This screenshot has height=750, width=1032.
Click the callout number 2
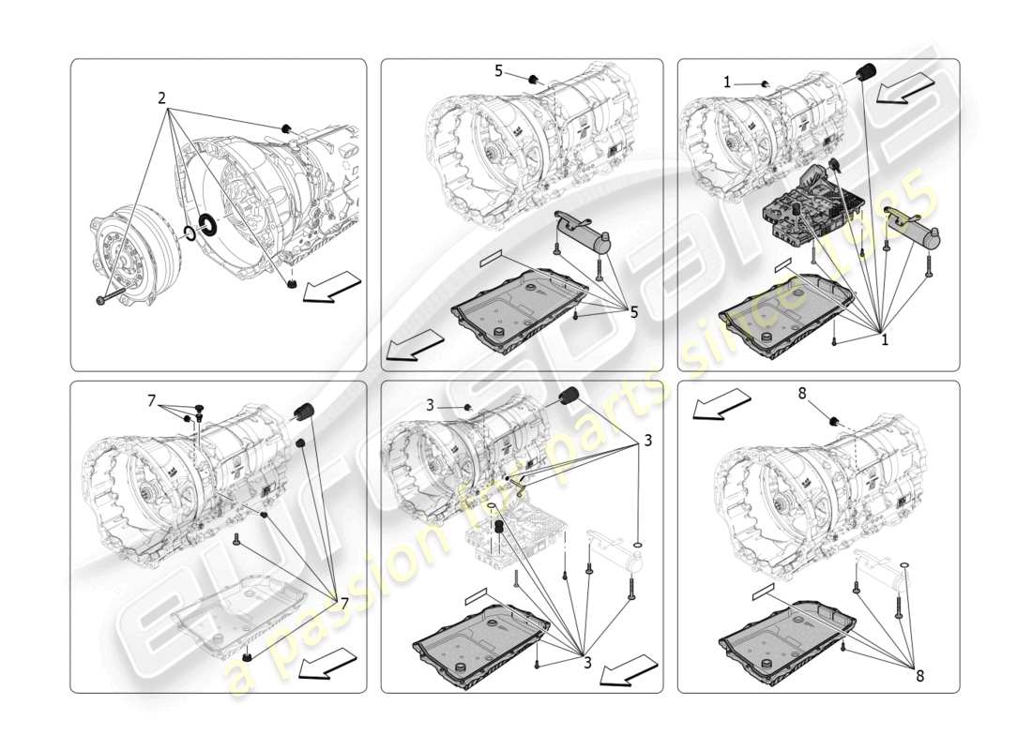(161, 97)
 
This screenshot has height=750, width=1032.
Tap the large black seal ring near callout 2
(208, 227)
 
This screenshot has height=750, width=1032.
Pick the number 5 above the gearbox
(499, 69)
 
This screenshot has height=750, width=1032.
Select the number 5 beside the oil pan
(634, 312)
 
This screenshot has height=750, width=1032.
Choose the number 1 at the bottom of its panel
(884, 340)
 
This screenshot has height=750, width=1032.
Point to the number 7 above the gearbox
(151, 400)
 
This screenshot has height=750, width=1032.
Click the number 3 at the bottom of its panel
(586, 661)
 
